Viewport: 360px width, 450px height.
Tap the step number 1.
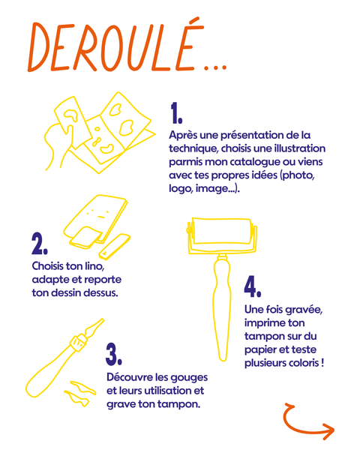(176, 113)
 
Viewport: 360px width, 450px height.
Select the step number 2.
(39, 244)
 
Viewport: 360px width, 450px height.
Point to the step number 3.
(114, 355)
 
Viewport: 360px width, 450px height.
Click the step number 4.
(253, 286)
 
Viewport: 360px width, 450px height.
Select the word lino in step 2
(95, 266)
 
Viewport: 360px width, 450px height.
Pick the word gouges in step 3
(189, 378)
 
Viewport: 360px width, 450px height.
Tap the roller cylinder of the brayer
(222, 231)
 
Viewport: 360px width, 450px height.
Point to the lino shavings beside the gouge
(79, 393)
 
